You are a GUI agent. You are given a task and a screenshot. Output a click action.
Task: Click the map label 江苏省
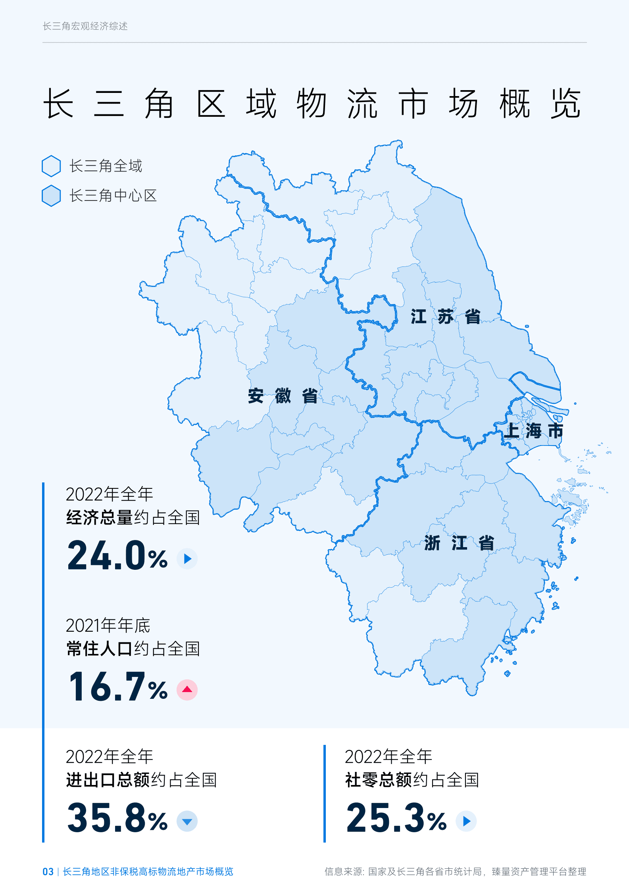point(445,317)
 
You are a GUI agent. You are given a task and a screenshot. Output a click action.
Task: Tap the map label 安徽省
point(283,396)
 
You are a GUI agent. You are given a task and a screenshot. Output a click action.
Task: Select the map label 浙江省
point(459,543)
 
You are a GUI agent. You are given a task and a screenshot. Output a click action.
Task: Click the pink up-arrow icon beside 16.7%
point(187,690)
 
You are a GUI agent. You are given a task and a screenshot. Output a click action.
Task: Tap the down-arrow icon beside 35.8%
point(187,821)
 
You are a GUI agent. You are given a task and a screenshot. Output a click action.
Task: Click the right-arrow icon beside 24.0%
point(187,559)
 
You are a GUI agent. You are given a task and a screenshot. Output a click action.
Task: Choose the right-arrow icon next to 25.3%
point(466,821)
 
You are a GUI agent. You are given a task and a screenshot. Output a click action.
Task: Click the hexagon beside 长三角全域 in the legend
point(51,166)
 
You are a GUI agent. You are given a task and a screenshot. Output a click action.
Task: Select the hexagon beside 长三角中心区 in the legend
point(51,196)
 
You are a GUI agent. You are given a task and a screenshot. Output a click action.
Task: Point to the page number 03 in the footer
point(48,872)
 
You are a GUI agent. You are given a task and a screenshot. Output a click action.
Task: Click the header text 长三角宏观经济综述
point(85,26)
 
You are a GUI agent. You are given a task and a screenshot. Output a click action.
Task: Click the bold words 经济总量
point(99,518)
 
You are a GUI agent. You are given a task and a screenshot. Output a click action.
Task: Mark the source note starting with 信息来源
point(455,872)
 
